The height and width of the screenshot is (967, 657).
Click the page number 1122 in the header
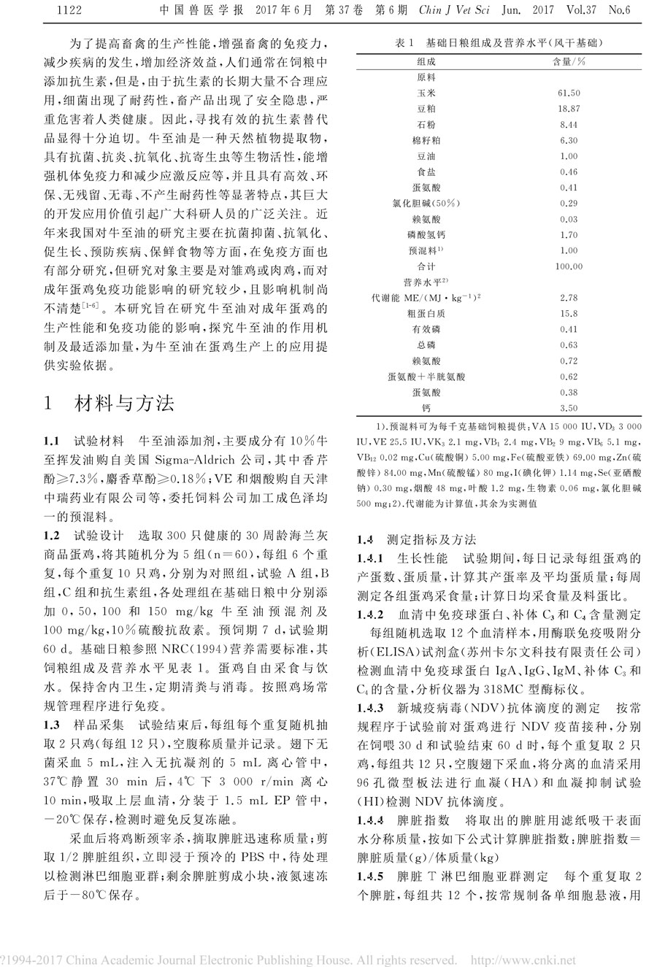[66, 9]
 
